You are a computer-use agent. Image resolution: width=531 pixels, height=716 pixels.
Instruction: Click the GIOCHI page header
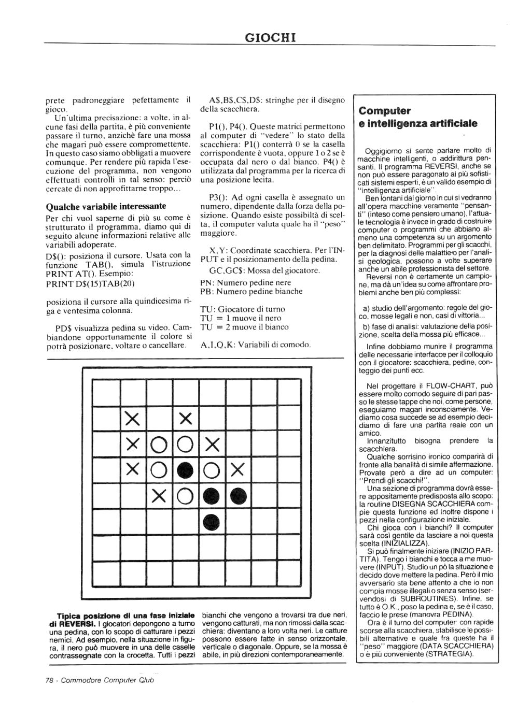[270, 37]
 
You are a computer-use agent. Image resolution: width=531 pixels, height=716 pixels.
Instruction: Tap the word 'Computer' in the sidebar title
[385, 111]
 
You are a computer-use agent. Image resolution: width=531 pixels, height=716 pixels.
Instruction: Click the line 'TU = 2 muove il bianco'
[244, 327]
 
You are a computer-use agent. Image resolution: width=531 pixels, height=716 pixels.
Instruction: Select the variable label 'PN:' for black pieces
[206, 282]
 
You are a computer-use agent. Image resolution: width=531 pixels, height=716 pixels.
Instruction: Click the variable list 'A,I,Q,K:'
[217, 345]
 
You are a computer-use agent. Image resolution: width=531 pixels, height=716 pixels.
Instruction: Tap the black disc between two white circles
[186, 470]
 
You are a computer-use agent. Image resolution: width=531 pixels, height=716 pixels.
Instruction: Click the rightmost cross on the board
[238, 470]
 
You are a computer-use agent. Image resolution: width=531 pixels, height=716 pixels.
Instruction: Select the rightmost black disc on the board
[238, 496]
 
